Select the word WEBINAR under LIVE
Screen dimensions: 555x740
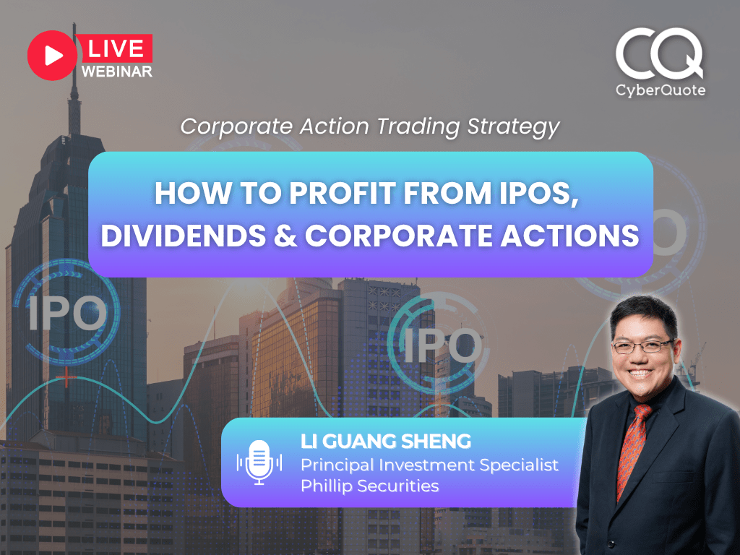[x=116, y=72]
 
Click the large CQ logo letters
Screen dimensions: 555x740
[x=658, y=55]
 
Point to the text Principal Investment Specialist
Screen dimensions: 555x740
[x=429, y=465]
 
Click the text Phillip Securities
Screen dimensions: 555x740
[x=369, y=486]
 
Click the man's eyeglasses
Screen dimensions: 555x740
[x=642, y=346]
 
